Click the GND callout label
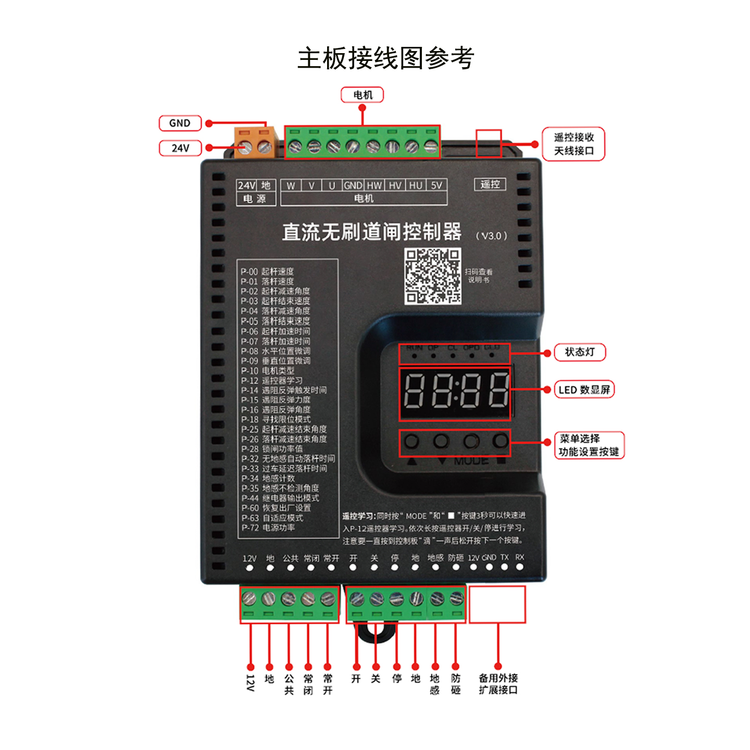180,123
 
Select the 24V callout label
180,148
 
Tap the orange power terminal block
255,142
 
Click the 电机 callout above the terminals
362,95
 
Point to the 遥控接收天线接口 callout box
573,144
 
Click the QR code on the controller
432,276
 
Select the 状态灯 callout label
580,352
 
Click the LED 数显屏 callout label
584,390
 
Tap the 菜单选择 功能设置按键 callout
589,445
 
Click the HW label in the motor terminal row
374,185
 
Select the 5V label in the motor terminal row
436,185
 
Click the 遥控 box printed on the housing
490,184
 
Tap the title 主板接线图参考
385,58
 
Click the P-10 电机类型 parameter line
268,370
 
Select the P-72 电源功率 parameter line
268,528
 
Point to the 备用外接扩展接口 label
498,684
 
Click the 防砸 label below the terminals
456,684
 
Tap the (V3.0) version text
491,236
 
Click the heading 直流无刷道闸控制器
372,232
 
